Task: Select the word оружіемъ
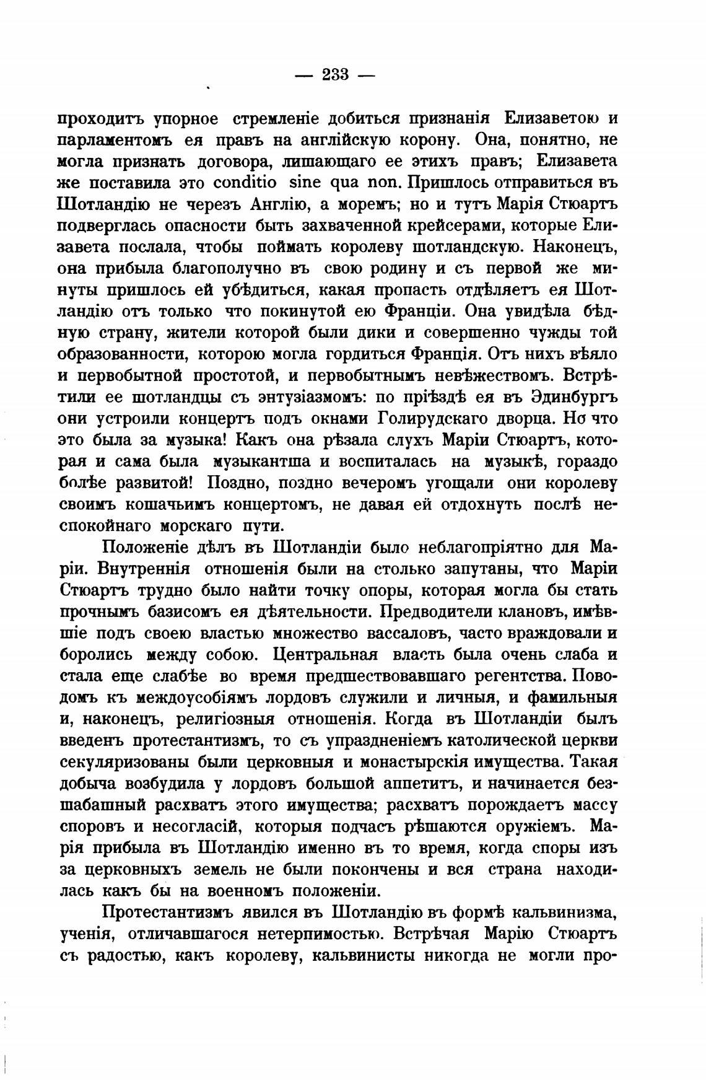point(531,828)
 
